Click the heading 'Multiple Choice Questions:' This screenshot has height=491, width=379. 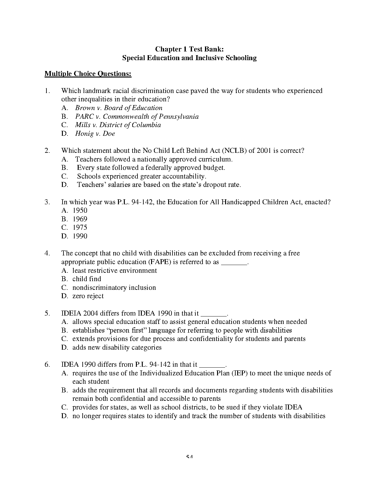88,74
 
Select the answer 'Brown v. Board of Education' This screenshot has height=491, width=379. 119,108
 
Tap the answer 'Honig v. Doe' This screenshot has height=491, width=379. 95,134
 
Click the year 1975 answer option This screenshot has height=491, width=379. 80,228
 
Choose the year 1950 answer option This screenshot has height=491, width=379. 80,210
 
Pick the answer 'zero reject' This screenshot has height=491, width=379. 88,296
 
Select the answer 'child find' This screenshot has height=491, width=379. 87,279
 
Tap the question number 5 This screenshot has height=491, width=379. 47,313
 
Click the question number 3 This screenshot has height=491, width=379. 47,202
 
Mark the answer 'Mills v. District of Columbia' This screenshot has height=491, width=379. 118,125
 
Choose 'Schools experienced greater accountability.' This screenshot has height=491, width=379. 142,176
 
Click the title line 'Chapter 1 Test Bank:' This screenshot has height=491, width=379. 189,49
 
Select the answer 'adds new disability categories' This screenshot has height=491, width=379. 117,347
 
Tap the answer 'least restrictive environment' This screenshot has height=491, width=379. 115,271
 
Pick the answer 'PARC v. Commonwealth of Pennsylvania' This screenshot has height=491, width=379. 137,117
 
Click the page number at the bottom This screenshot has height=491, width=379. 189,457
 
